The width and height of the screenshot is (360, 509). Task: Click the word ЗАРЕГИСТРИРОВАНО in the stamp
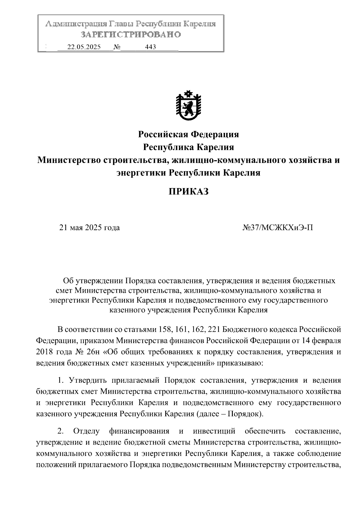tap(131, 35)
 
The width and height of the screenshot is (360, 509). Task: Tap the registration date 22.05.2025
tap(84, 47)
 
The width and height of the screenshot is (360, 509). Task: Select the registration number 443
tap(150, 47)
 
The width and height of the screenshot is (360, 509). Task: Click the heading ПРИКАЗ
tap(188, 191)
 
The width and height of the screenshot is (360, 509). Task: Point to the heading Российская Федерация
tap(188, 134)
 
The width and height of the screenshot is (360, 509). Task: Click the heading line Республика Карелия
tap(188, 147)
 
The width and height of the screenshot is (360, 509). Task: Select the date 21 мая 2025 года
tap(89, 228)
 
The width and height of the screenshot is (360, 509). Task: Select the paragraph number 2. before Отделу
tap(61, 431)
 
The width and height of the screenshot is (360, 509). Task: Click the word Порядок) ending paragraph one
tap(245, 414)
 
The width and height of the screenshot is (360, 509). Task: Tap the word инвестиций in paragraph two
tap(214, 431)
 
